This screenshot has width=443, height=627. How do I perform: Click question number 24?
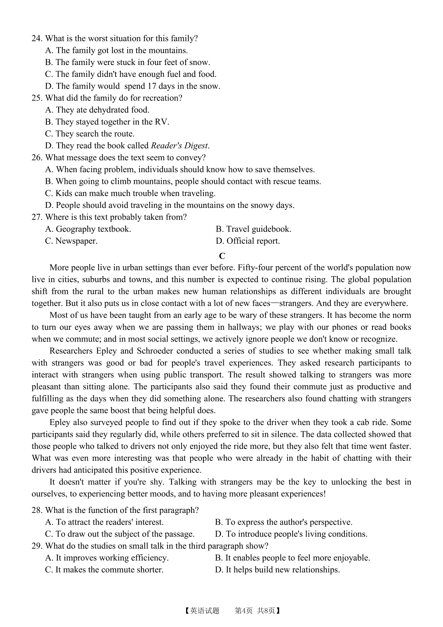[x=37, y=38]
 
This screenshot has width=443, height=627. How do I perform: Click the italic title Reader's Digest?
[x=180, y=146]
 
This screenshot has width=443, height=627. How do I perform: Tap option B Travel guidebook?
[x=253, y=229]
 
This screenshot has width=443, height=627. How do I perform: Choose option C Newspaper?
[x=71, y=241]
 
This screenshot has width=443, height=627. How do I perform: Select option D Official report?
[x=248, y=241]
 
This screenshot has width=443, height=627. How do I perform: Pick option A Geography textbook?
[x=88, y=229]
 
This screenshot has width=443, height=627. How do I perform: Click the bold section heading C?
[x=222, y=256]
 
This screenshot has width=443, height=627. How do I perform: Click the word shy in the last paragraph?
[x=151, y=482]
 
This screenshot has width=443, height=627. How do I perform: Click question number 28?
[x=37, y=510]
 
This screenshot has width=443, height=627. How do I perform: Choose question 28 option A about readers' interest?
[x=104, y=522]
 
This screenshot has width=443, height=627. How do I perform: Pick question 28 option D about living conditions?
[x=291, y=534]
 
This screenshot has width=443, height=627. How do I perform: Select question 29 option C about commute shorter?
[x=104, y=570]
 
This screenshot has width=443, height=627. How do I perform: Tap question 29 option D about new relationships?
[x=277, y=570]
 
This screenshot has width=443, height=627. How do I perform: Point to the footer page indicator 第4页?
[x=244, y=611]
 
